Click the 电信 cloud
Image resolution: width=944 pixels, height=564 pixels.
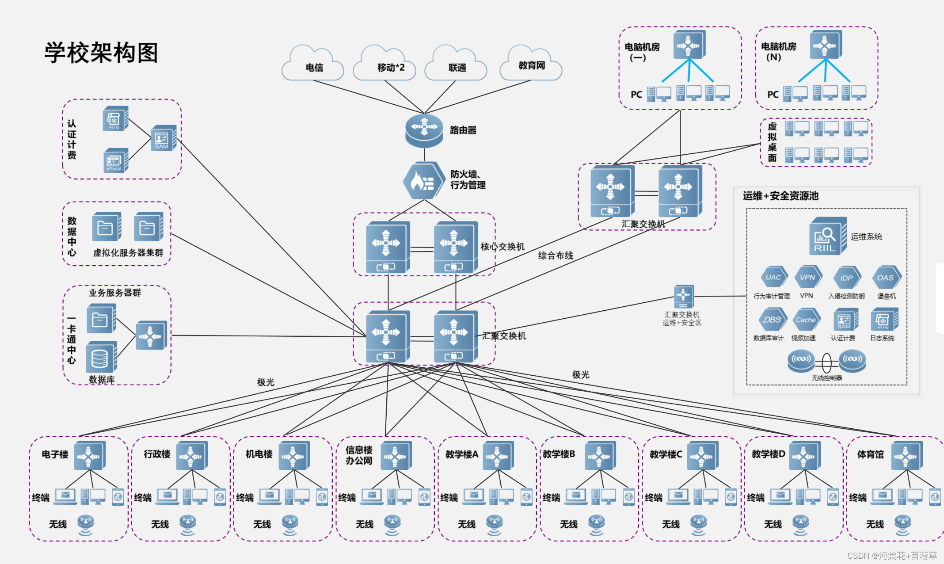point(313,65)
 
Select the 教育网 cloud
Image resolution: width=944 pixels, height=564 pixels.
point(531,64)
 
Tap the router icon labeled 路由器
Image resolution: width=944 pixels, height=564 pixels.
point(424,130)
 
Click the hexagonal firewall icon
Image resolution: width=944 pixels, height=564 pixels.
point(423,181)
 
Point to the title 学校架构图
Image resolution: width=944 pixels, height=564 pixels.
point(101,53)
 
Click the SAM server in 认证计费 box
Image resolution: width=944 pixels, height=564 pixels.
point(163,138)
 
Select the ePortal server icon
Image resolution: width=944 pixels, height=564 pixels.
point(115,161)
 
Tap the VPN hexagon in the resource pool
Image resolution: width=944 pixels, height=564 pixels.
point(807,277)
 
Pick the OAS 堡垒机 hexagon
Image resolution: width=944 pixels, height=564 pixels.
point(885,278)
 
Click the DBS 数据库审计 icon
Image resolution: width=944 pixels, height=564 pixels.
point(772,320)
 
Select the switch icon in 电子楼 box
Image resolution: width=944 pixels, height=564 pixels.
point(90,456)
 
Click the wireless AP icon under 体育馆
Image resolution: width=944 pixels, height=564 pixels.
point(902,524)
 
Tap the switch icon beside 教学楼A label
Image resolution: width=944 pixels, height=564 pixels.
point(498,456)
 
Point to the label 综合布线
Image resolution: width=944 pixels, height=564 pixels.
point(555,255)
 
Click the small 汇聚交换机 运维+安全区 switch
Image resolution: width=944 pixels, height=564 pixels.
point(683,297)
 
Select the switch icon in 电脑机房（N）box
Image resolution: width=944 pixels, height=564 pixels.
point(825,45)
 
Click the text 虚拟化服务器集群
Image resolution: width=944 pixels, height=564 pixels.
point(128,253)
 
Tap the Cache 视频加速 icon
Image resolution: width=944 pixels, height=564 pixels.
point(806,320)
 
